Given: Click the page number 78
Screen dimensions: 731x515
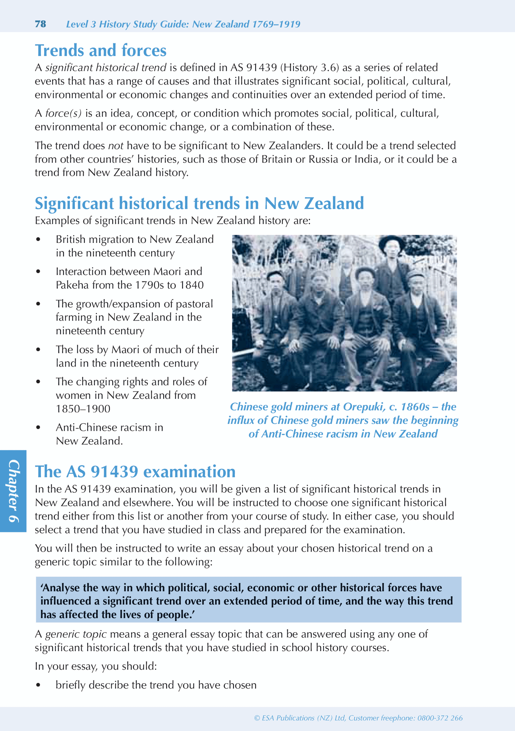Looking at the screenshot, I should pos(40,24).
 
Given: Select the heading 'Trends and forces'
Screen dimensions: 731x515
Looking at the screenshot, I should pos(101,50).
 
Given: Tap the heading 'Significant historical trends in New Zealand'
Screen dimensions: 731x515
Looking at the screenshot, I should pos(199,204).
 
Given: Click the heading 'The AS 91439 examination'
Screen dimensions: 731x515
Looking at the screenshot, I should pos(135,471).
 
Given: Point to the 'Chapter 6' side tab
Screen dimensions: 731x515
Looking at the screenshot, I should pos(13,491).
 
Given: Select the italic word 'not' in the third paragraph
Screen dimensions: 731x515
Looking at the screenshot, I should pos(115,146).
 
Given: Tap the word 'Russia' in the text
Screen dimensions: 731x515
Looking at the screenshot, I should pos(324,159).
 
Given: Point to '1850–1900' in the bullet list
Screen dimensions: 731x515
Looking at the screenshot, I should pos(83,409).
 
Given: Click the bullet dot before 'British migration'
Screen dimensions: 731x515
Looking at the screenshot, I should pos(39,240).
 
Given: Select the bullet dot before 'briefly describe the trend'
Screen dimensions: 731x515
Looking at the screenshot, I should pos(39,685).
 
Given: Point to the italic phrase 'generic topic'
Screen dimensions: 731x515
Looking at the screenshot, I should pos(76,634).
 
